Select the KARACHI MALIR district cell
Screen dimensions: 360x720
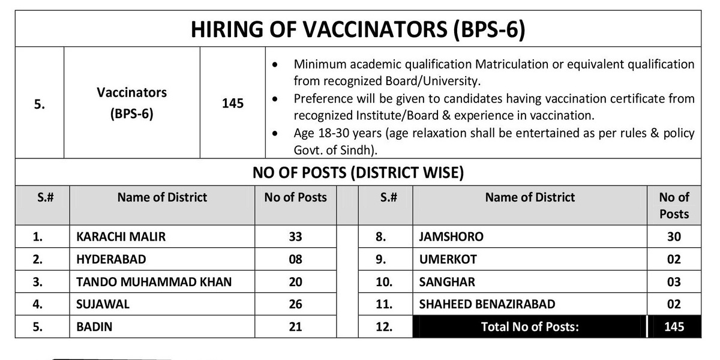121,237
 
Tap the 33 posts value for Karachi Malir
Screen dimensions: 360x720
295,237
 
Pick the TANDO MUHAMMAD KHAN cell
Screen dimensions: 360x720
154,282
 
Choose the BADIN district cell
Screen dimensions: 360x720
95,327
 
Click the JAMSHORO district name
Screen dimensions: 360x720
451,237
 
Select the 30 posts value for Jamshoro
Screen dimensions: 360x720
674,237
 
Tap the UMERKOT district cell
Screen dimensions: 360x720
448,260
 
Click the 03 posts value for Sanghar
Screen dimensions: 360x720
674,282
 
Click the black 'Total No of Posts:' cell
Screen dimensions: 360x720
530,327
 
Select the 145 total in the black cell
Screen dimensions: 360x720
674,327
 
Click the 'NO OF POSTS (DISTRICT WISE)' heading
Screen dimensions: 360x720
358,173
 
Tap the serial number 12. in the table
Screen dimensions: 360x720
384,327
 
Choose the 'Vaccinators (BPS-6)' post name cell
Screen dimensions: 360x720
132,103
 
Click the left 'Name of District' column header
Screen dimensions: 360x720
162,197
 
